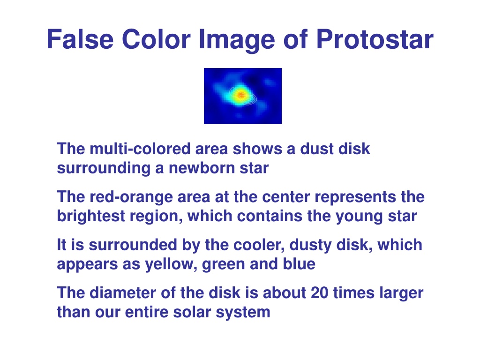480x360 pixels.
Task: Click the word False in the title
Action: (80, 39)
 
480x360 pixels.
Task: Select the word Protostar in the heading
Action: (375, 39)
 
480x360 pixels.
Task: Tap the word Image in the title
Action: (237, 40)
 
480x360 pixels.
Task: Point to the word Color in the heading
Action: (156, 39)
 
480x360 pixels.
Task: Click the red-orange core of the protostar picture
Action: (241, 95)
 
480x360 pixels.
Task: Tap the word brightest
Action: (91, 216)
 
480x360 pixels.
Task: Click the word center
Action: (286, 197)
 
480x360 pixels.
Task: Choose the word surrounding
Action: (104, 168)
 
